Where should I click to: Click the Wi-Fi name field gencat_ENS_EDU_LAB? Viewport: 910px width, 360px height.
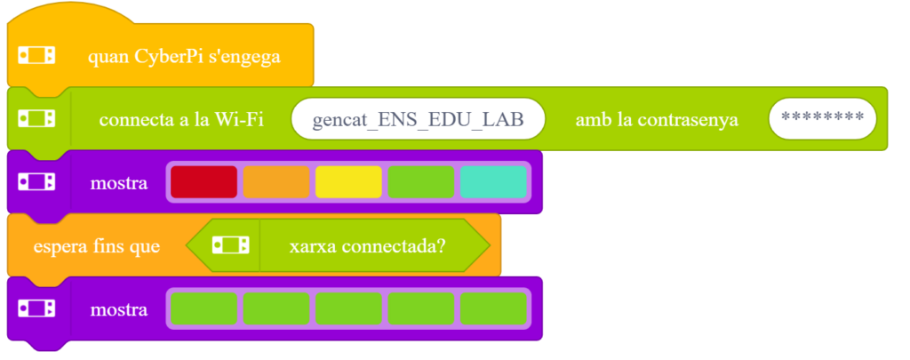pyautogui.click(x=418, y=119)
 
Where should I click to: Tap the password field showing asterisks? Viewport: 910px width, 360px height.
pyautogui.click(x=822, y=119)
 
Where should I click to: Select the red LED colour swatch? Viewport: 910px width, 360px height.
pyautogui.click(x=204, y=182)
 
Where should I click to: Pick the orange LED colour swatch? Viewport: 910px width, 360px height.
pyautogui.click(x=276, y=182)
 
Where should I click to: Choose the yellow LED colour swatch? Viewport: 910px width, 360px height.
pyautogui.click(x=348, y=182)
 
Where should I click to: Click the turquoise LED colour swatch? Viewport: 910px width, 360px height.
pyautogui.click(x=493, y=182)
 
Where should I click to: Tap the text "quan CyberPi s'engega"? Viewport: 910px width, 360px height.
pyautogui.click(x=184, y=58)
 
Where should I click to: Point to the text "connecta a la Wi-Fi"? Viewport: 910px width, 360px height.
pyautogui.click(x=181, y=119)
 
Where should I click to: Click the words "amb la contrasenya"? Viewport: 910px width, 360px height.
pyautogui.click(x=657, y=119)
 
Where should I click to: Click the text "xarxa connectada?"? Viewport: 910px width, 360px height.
pyautogui.click(x=367, y=245)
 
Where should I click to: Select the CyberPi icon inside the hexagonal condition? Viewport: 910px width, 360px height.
pyautogui.click(x=228, y=245)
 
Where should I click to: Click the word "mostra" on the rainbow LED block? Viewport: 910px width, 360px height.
pyautogui.click(x=119, y=184)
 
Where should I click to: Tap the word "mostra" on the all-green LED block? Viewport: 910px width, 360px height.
pyautogui.click(x=119, y=309)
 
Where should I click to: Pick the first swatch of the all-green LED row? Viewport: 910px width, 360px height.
pyautogui.click(x=204, y=308)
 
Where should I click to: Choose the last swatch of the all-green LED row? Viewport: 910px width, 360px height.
pyautogui.click(x=493, y=308)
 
